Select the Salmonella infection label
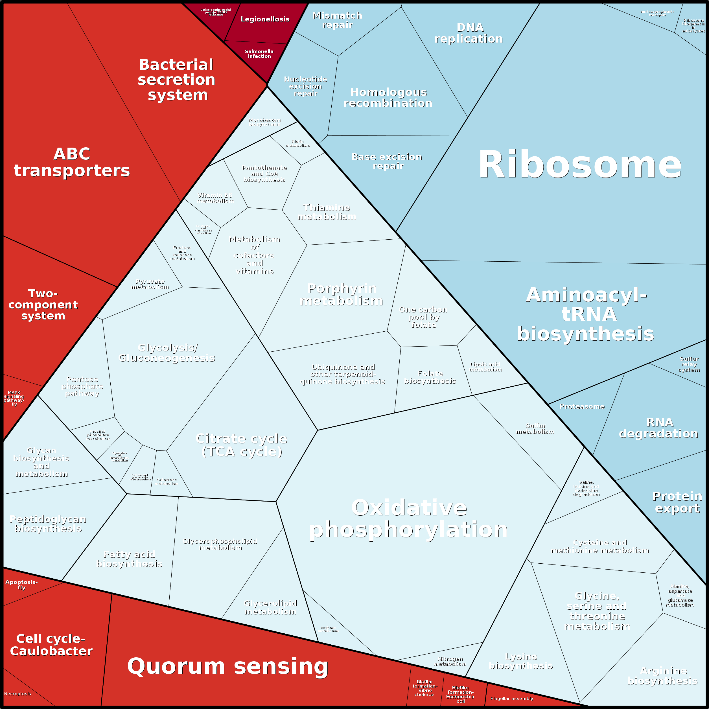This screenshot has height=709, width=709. click(259, 54)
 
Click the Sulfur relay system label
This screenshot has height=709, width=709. click(689, 364)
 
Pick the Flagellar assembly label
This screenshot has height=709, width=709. click(511, 698)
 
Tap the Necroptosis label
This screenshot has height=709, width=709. click(17, 693)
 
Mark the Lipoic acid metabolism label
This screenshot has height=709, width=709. click(485, 367)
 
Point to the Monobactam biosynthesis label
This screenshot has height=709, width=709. click(264, 122)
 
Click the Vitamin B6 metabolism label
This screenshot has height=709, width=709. click(215, 198)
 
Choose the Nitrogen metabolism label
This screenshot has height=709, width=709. click(450, 661)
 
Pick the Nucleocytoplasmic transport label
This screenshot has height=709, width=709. click(657, 14)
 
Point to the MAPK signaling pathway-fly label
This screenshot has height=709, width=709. click(14, 398)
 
